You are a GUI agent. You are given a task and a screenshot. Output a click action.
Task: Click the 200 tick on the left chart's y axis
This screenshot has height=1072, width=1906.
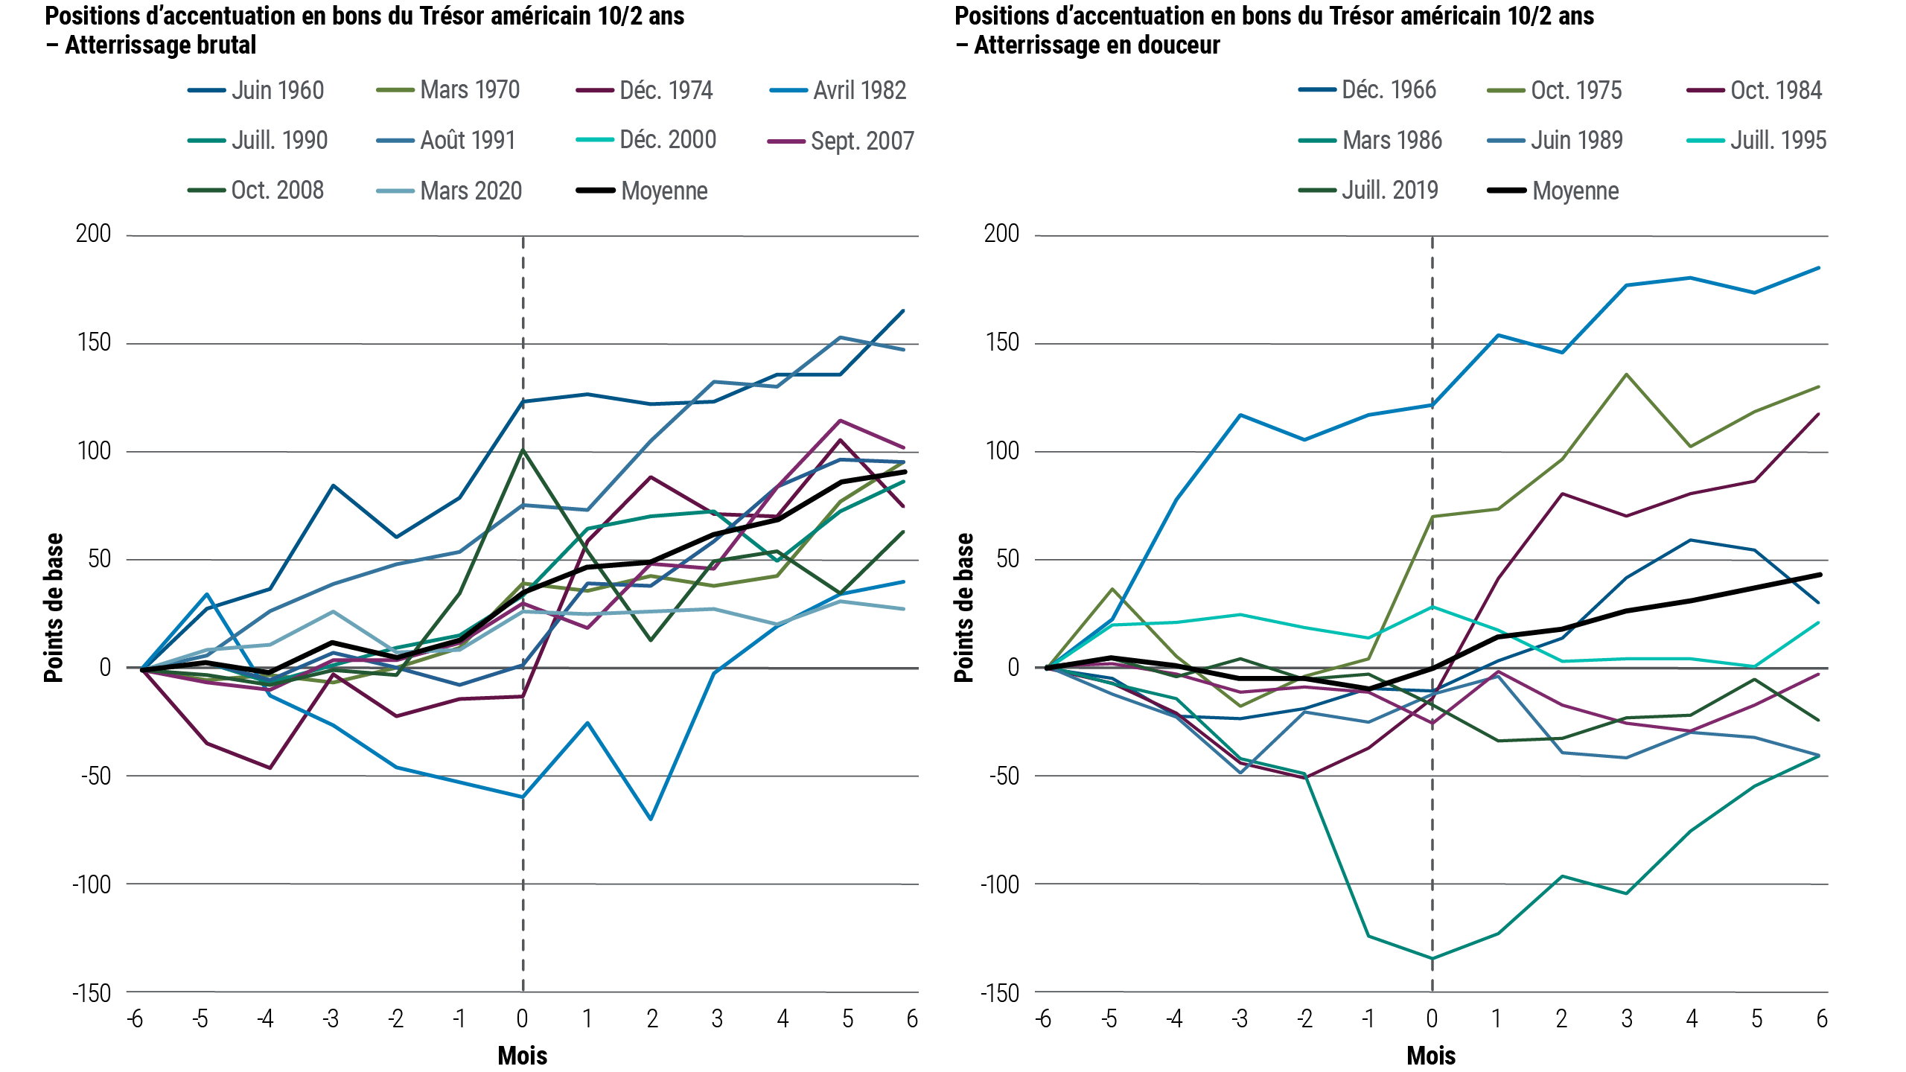[93, 234]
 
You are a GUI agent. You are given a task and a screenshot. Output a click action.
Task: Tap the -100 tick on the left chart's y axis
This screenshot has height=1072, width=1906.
[91, 885]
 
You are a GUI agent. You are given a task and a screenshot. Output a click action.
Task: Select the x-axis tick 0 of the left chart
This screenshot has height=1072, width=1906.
[523, 1018]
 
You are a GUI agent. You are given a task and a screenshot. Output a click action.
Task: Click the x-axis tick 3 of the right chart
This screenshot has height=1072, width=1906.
[1627, 1018]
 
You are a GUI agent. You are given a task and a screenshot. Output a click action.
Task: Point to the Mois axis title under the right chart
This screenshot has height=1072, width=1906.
[1431, 1056]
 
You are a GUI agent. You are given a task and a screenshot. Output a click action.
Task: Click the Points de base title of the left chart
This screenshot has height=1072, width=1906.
[54, 607]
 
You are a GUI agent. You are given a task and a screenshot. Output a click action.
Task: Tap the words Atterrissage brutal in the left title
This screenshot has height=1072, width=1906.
[160, 45]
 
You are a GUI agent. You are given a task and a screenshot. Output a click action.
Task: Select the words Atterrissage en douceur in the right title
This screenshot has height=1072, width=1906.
[1097, 45]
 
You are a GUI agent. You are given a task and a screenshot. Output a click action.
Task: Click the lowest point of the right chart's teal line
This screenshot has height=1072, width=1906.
[1432, 958]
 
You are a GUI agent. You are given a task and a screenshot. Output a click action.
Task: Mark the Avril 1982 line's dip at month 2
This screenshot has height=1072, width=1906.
[651, 820]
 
